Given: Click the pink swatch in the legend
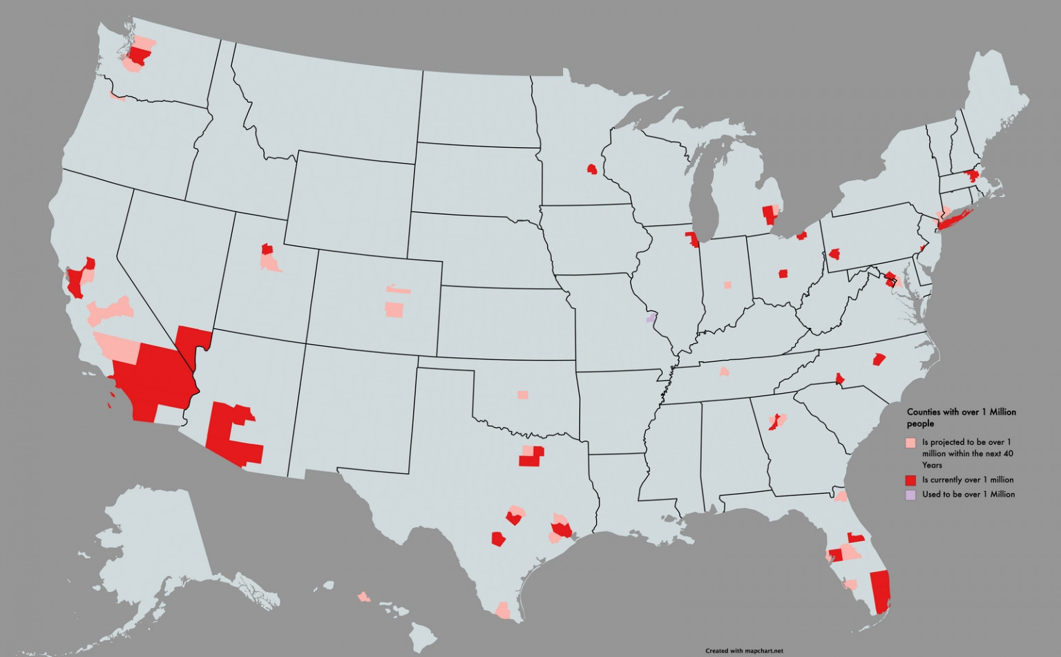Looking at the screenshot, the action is [910, 443].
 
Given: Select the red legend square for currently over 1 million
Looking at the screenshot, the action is [910, 480].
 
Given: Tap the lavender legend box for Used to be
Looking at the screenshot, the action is [910, 495].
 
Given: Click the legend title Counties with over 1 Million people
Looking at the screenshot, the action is [961, 417].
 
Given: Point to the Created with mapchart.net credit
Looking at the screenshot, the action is [744, 651].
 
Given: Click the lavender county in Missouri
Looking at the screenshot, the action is [650, 318].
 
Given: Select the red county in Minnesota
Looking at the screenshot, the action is [592, 169].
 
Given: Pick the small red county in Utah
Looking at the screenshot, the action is [267, 249].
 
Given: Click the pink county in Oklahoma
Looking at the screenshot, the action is [523, 395].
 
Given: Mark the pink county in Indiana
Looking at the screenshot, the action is [727, 285].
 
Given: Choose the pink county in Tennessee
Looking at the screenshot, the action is [724, 372].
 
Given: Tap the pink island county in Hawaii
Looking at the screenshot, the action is [363, 597].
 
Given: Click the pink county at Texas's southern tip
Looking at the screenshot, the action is [504, 610].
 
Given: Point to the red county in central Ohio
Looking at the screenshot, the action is [783, 274].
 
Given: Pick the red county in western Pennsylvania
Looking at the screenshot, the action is [834, 254].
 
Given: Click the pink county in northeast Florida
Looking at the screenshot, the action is [841, 496].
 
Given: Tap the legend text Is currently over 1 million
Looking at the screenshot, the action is [968, 480].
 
